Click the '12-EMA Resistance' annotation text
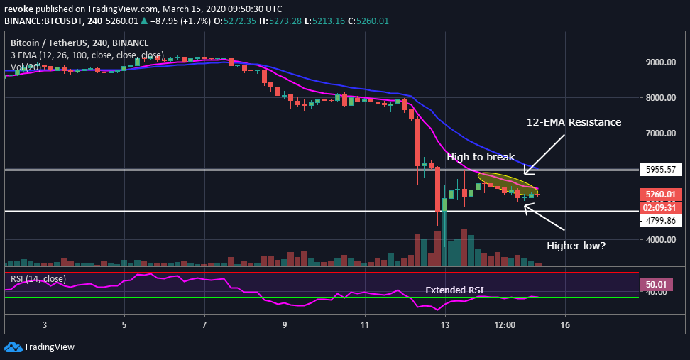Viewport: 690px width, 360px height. pyautogui.click(x=574, y=123)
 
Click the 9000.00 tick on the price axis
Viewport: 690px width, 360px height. pyautogui.click(x=661, y=62)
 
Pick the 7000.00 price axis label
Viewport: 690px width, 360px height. pyautogui.click(x=661, y=133)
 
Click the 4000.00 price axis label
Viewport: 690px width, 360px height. pyautogui.click(x=661, y=240)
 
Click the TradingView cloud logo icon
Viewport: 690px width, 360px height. pyautogui.click(x=13, y=347)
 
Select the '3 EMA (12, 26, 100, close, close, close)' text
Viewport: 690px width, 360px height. pyautogui.click(x=87, y=55)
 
